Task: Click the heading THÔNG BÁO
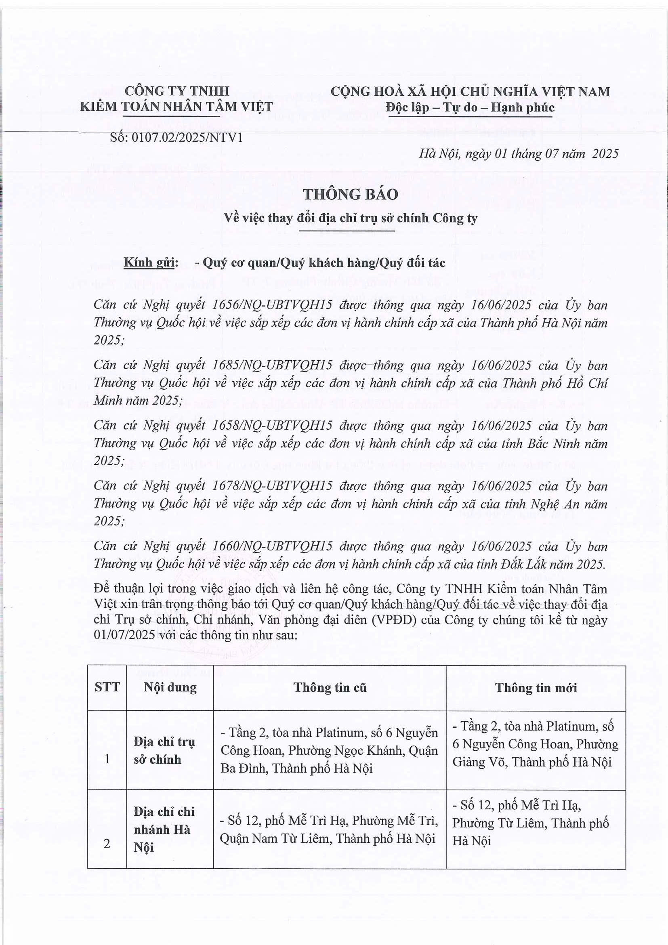tap(351, 194)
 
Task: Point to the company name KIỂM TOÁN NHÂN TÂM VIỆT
tap(176, 107)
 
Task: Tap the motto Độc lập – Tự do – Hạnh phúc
tap(470, 107)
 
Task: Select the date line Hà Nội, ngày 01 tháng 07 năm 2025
tap(519, 153)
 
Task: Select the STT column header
tap(107, 687)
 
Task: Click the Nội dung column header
tap(170, 687)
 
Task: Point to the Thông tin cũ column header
tap(330, 687)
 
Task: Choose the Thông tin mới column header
tap(536, 687)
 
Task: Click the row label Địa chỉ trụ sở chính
tap(164, 750)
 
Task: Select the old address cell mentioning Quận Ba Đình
tap(329, 750)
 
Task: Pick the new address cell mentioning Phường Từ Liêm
tap(531, 823)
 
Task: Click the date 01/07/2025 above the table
tap(124, 635)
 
